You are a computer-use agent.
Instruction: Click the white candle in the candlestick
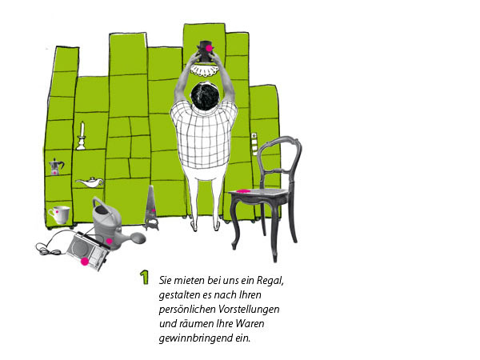pyautogui.click(x=82, y=129)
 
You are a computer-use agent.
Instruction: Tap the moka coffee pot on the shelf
pyautogui.click(x=56, y=167)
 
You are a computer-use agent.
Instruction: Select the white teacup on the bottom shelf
pyautogui.click(x=60, y=214)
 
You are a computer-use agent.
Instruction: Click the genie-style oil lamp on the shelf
pyautogui.click(x=90, y=182)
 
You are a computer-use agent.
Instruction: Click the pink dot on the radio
pyautogui.click(x=85, y=261)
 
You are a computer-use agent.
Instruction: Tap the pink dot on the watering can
pyautogui.click(x=109, y=241)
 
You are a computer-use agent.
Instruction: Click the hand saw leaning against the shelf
pyautogui.click(x=151, y=208)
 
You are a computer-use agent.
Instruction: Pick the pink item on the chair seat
pyautogui.click(x=244, y=191)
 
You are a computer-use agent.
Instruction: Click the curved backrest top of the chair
pyautogui.click(x=279, y=142)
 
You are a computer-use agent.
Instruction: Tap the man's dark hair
pyautogui.click(x=205, y=96)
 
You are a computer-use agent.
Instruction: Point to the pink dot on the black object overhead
pyautogui.click(x=209, y=48)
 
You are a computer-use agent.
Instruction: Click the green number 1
pyautogui.click(x=144, y=278)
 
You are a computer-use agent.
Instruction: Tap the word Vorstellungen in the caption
pyautogui.click(x=249, y=309)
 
